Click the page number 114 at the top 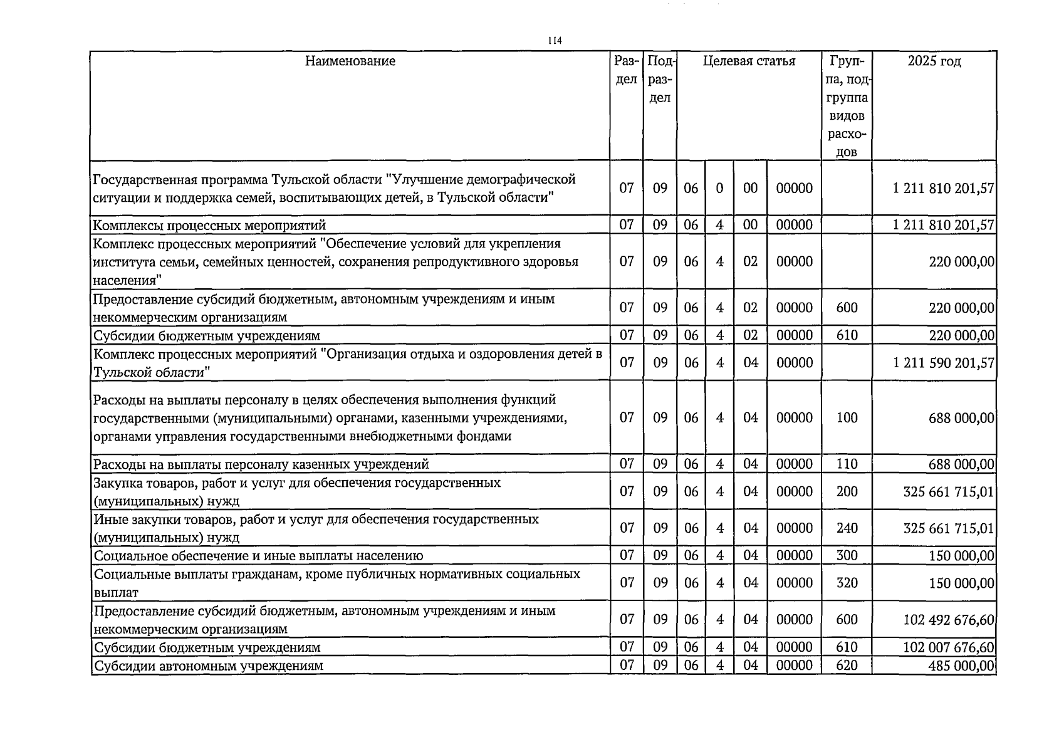[554, 41]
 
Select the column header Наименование [350, 61]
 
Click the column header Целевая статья [749, 61]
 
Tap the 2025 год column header [934, 61]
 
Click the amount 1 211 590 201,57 [944, 363]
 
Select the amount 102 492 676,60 [949, 620]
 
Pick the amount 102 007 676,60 [949, 647]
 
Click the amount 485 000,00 [961, 666]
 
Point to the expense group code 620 [847, 666]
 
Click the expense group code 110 [847, 464]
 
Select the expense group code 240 [847, 528]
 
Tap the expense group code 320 [847, 583]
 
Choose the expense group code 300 [847, 555]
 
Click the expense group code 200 [847, 491]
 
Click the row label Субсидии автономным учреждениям [208, 666]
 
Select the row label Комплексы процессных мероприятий [209, 225]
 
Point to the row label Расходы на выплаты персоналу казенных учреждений [261, 464]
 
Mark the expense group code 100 [847, 418]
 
